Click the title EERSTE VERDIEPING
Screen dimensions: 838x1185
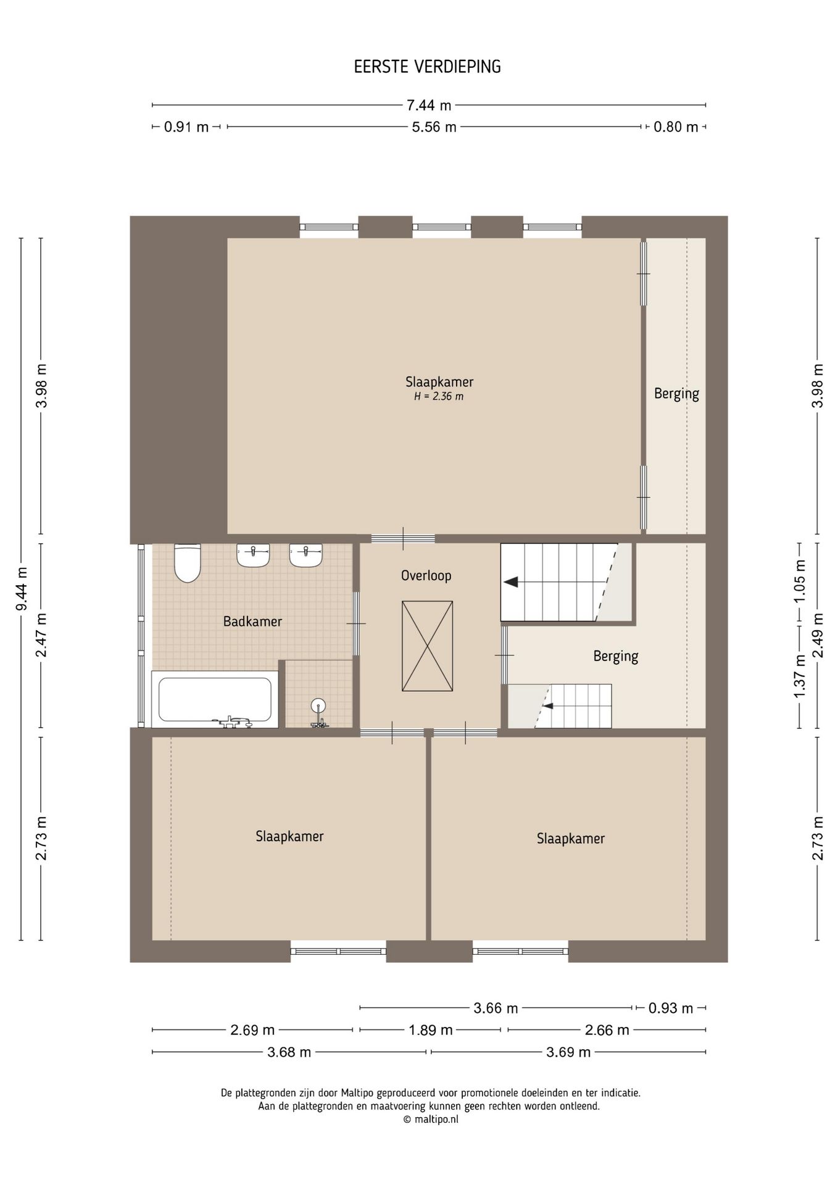click(427, 67)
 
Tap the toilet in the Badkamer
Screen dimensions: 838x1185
click(188, 563)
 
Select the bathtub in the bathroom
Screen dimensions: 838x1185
click(215, 700)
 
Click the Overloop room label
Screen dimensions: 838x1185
click(426, 576)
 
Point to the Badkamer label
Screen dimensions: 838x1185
click(252, 622)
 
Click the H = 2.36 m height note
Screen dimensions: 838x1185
click(439, 396)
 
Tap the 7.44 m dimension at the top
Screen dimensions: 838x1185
click(429, 106)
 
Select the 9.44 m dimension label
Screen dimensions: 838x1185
click(22, 589)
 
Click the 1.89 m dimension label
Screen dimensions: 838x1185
click(431, 1030)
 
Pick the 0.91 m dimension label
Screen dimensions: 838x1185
click(186, 127)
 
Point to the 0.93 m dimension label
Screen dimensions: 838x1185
click(671, 1008)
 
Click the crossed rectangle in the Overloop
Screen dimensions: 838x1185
click(427, 646)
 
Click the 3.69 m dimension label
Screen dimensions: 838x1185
click(568, 1052)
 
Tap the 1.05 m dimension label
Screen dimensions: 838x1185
click(800, 581)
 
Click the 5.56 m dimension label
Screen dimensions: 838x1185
click(434, 127)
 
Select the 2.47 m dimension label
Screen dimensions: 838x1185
click(41, 636)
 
